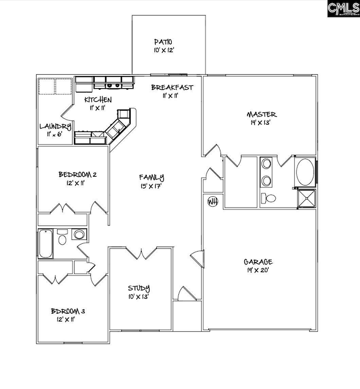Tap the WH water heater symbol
tap(212, 201)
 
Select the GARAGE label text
tap(258, 262)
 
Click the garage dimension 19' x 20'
tap(258, 270)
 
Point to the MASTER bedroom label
tap(261, 115)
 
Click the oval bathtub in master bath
tap(305, 172)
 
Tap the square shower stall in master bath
tap(306, 198)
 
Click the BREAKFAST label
tap(172, 87)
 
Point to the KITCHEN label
tap(98, 100)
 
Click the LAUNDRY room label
tap(55, 127)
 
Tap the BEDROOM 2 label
tap(78, 175)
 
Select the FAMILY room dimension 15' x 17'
tap(151, 186)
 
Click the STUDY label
tap(139, 288)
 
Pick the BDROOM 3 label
tap(68, 311)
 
